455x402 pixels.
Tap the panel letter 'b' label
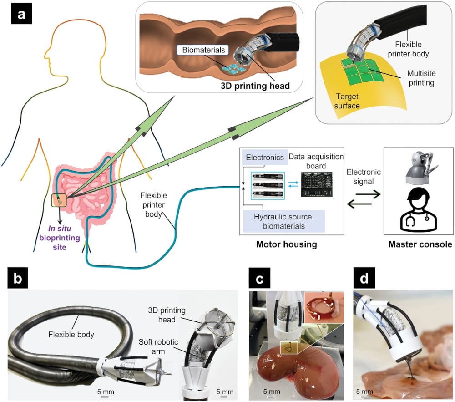16,280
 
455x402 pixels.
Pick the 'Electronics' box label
265,158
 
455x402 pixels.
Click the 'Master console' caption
420,244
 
